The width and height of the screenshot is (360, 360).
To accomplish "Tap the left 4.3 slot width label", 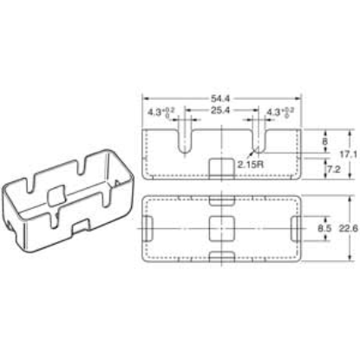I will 160,112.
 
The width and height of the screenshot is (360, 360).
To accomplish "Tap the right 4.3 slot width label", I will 279,112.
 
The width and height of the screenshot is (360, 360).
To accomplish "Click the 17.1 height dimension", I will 346,153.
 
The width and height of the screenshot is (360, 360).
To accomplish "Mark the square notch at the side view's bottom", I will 222,166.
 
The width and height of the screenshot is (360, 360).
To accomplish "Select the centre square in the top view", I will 222,229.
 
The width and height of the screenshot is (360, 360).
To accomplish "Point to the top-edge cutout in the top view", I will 222,197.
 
